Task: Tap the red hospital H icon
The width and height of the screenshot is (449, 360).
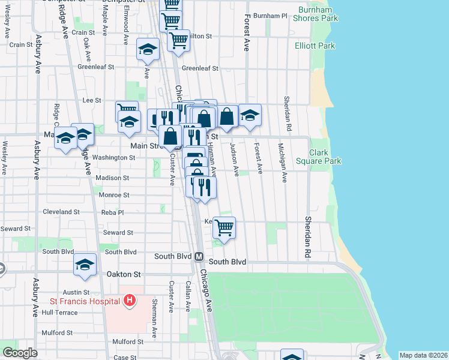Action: pos(128,300)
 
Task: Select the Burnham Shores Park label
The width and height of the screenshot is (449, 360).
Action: pos(316,14)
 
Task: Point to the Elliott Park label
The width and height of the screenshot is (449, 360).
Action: pos(315,46)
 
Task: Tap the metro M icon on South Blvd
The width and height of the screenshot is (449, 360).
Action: pos(199,256)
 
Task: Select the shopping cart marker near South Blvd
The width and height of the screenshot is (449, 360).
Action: pos(224,227)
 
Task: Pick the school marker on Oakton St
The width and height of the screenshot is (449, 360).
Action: pos(85,264)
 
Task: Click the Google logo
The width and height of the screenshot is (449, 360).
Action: pos(19,353)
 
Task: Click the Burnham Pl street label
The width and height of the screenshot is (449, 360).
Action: pos(271,16)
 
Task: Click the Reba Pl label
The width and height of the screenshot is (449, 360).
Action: pos(113,212)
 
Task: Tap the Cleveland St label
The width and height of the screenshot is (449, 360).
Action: pos(61,212)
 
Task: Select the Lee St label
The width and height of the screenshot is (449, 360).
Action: pos(92,100)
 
